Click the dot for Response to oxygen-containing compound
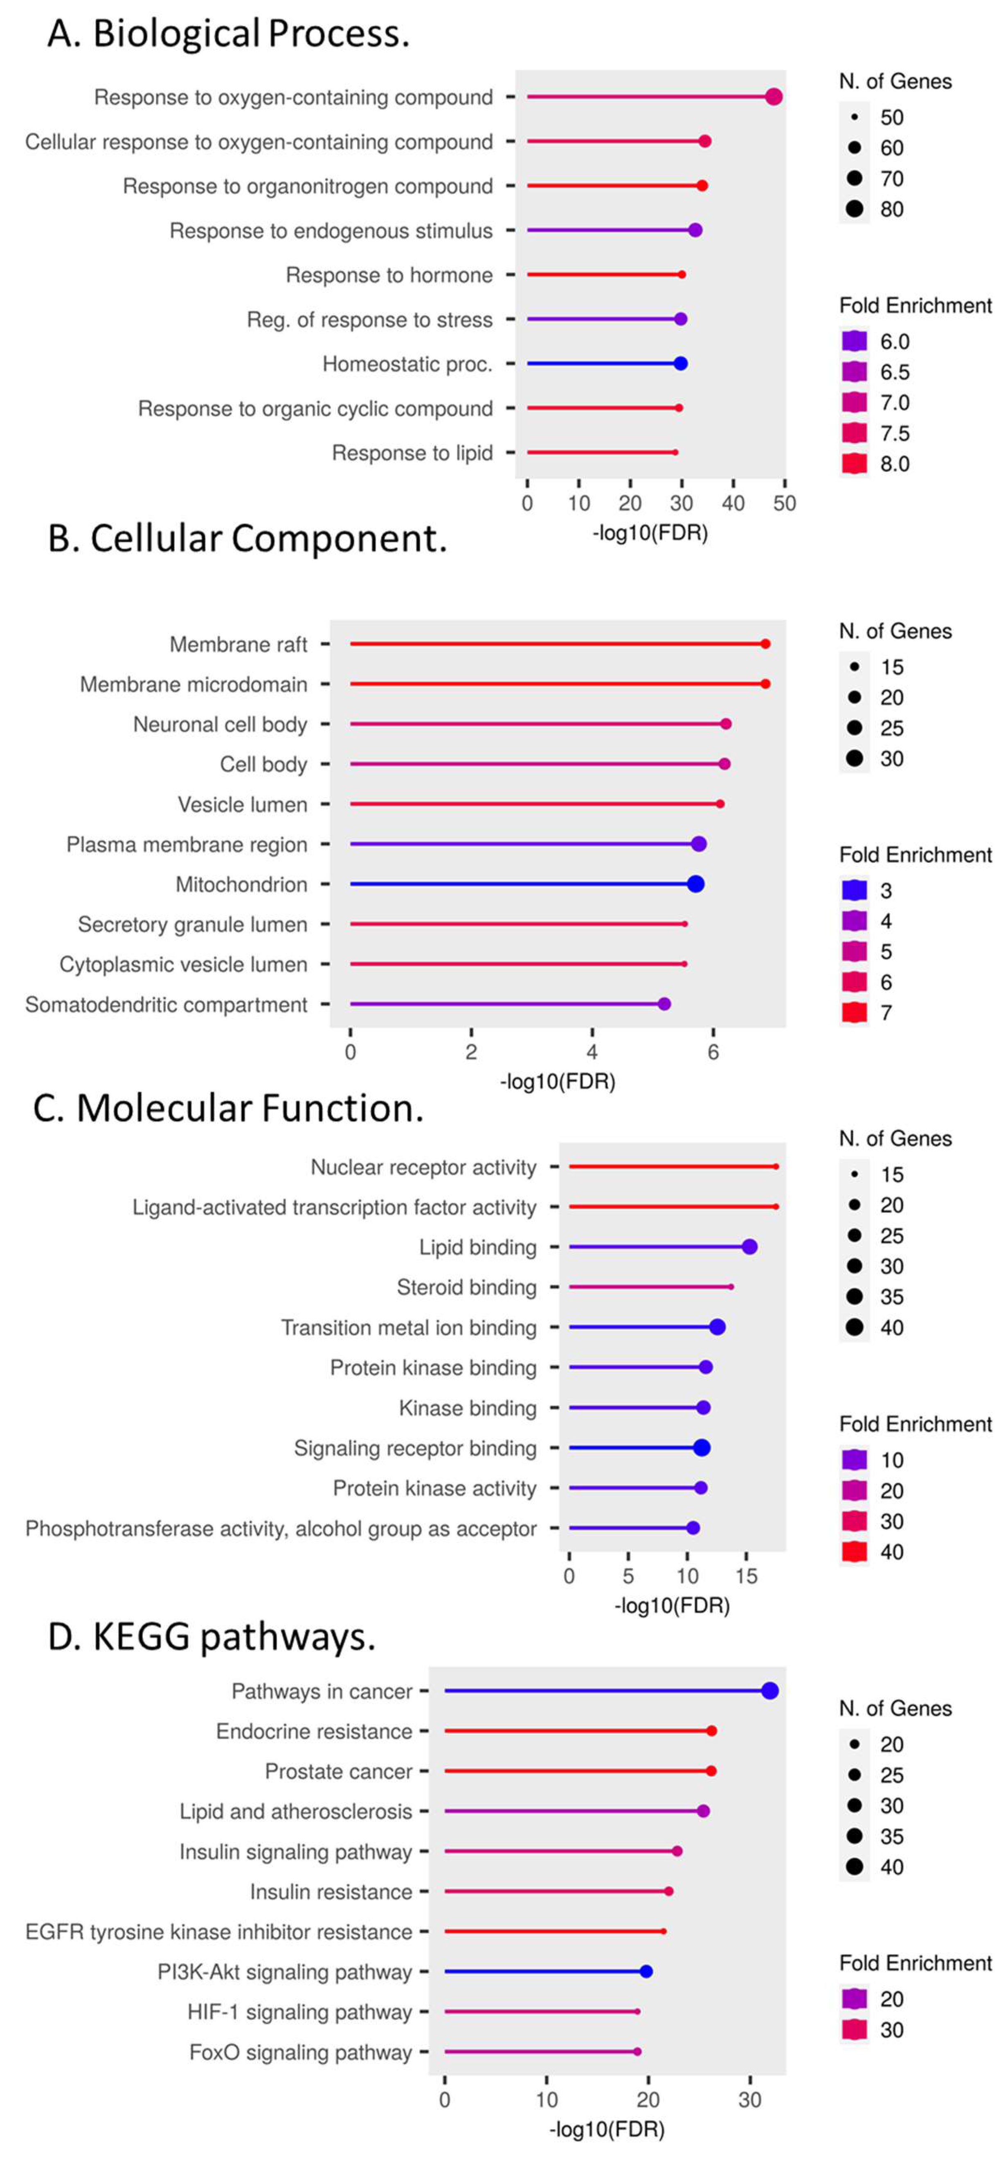point(773,97)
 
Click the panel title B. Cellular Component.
point(248,538)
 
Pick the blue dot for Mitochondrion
point(695,884)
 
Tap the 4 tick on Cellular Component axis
point(592,1051)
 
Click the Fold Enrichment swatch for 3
point(854,891)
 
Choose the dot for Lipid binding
point(750,1247)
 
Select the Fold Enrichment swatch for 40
point(854,1552)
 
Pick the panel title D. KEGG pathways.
point(211,1637)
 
